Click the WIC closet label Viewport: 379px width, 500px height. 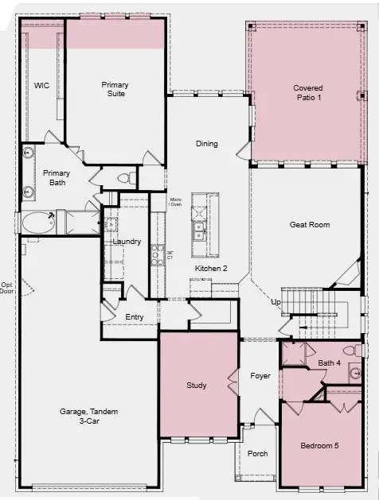41,85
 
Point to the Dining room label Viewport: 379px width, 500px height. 207,144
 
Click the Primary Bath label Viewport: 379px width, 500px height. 57,177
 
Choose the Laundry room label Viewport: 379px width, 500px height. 127,241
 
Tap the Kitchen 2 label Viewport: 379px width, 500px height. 212,269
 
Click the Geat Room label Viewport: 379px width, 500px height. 310,225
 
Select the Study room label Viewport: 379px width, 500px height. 197,386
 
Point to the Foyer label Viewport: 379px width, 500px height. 260,376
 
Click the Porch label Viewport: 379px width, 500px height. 257,454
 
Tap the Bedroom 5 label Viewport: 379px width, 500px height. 319,446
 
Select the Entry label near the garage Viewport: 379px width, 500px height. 135,317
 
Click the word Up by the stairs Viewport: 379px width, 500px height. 276,303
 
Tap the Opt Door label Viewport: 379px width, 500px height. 7,288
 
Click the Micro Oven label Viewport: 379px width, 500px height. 176,203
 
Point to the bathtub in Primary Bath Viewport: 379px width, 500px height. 39,222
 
